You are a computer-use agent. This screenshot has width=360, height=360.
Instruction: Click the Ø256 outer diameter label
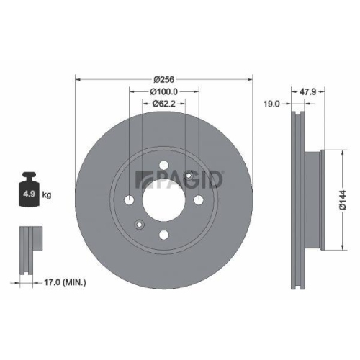click(x=164, y=79)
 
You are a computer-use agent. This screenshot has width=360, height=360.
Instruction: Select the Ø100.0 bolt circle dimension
click(x=164, y=91)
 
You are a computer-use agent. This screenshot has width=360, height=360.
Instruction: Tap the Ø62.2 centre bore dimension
click(x=164, y=104)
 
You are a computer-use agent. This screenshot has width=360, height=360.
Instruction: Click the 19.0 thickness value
click(x=272, y=104)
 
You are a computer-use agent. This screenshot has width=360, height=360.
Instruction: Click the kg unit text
click(x=48, y=194)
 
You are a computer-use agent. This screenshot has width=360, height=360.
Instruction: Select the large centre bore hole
click(x=164, y=199)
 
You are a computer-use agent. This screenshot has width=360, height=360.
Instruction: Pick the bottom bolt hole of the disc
click(x=164, y=233)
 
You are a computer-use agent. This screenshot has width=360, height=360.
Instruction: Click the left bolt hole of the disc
click(x=130, y=199)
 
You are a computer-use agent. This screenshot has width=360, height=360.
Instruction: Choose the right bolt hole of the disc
click(x=199, y=199)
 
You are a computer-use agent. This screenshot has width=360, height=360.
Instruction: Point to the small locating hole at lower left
click(x=140, y=222)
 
